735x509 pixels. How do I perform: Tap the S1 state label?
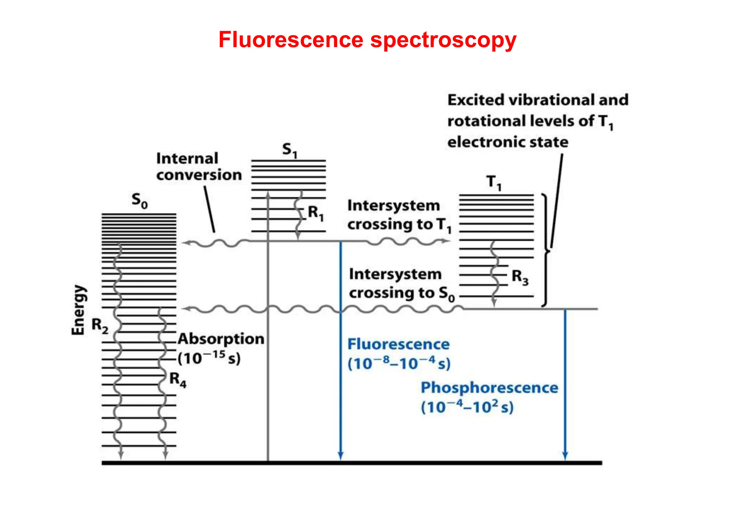pos(290,150)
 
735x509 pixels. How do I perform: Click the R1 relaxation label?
pos(316,213)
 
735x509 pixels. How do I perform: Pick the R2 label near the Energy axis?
pos(100,325)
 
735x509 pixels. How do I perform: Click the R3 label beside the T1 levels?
pos(520,277)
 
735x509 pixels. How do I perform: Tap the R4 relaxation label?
pos(178,379)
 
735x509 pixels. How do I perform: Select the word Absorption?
pos(221,339)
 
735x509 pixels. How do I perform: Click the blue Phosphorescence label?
pos(489,388)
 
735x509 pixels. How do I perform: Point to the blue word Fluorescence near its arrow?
pos(398,344)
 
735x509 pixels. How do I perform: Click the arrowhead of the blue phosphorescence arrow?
pos(565,456)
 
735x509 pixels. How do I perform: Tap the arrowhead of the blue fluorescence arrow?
pos(341,456)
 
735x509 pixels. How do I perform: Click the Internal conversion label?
pos(198,167)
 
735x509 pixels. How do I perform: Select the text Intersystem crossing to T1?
pos(398,215)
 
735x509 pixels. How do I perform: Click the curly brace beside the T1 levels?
pos(546,251)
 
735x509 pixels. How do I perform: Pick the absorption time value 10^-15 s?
pos(209,358)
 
